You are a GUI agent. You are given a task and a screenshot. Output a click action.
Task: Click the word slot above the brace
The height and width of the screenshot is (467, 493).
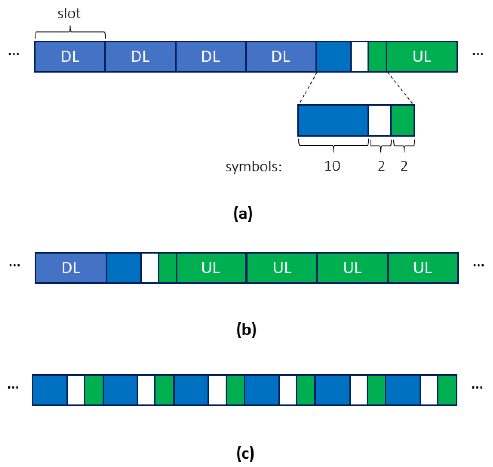69,13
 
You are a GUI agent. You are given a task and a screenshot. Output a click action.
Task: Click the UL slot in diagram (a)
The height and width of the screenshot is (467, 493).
421,57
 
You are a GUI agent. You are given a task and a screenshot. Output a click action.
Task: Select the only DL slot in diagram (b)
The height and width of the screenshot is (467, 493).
71,268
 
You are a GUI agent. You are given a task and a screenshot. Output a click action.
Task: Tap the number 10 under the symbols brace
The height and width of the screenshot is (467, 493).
332,166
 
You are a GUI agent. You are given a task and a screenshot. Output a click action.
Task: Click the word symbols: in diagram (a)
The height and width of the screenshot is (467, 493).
254,167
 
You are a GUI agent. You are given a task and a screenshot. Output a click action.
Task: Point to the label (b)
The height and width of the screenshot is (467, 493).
246,329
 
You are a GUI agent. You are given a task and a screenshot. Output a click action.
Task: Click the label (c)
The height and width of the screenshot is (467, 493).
245,453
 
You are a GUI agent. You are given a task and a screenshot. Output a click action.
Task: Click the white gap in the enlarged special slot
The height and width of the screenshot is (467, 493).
380,121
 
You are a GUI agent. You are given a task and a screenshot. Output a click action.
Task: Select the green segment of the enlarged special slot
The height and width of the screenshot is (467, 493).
403,121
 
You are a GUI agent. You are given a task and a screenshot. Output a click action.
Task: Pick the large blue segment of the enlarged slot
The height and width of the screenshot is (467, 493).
333,121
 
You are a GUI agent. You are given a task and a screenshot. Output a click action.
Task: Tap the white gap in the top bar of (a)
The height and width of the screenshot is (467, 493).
359,57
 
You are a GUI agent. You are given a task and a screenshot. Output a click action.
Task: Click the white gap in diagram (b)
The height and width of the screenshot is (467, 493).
150,268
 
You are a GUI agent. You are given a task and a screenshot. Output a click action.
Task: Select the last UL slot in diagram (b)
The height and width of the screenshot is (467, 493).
422,268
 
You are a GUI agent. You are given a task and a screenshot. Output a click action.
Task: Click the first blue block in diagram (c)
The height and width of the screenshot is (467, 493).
50,390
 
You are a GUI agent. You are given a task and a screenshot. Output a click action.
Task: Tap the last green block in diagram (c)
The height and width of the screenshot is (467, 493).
447,390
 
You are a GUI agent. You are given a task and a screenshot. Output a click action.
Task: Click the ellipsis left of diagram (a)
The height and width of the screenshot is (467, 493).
14,54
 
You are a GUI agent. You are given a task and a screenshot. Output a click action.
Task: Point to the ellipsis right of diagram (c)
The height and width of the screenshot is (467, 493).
477,388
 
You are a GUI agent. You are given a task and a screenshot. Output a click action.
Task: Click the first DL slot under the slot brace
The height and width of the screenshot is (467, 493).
70,57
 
